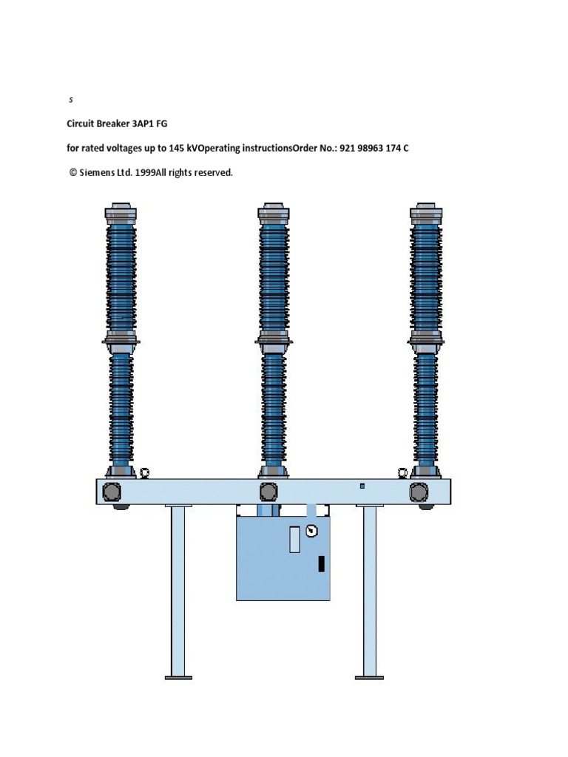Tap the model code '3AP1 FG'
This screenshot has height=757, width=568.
tap(150, 124)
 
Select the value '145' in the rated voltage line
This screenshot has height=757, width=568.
tap(177, 149)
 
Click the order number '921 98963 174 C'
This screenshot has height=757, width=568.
tap(374, 149)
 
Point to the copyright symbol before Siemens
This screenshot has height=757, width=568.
tap(73, 173)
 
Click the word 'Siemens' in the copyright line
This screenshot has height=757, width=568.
tap(99, 173)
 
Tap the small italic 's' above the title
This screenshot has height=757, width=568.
tap(71, 99)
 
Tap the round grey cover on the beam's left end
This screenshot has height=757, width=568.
tap(113, 492)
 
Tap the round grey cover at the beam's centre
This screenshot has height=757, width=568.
tap(268, 492)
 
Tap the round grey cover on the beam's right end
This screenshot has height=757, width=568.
tap(419, 492)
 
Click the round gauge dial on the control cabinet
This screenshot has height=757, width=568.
tap(311, 530)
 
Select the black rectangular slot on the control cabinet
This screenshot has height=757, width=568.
tap(322, 563)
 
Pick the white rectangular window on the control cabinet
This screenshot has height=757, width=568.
tap(294, 539)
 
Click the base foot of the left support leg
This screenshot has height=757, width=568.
tap(178, 676)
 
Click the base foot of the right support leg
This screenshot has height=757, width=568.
tap(369, 676)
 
